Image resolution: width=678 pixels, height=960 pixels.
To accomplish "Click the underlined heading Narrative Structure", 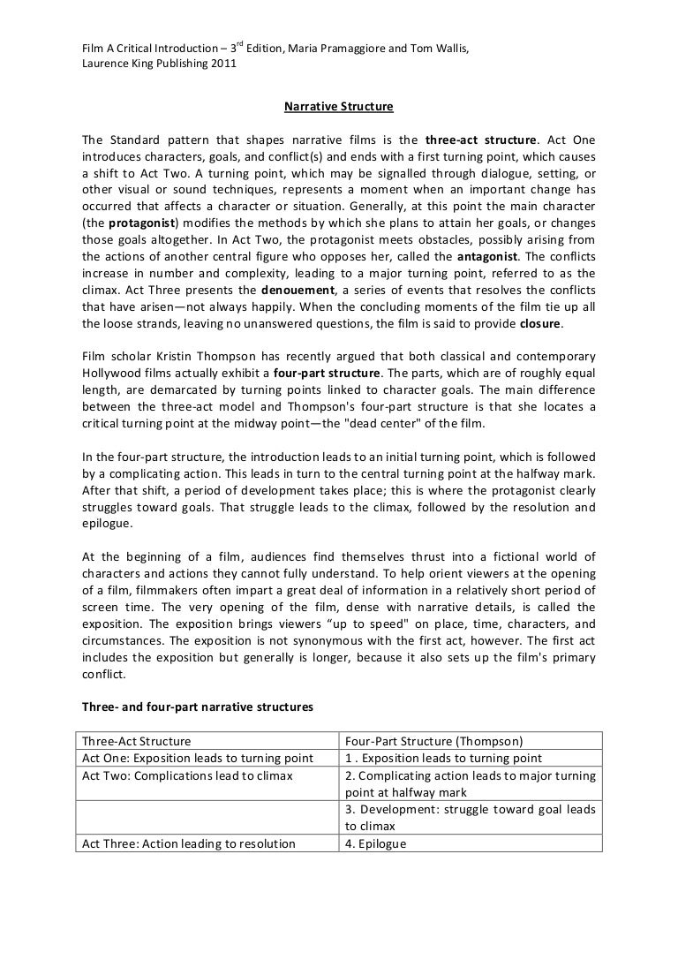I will click(338, 108).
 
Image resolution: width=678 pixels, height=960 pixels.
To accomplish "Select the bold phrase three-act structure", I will click(480, 140).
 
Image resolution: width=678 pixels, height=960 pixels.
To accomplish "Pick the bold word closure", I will click(539, 323).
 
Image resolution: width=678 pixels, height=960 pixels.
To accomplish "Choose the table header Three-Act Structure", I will click(136, 741).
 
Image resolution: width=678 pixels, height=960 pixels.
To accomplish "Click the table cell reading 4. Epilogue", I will click(376, 843).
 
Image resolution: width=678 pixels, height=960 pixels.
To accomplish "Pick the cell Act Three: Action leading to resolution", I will click(188, 843).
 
